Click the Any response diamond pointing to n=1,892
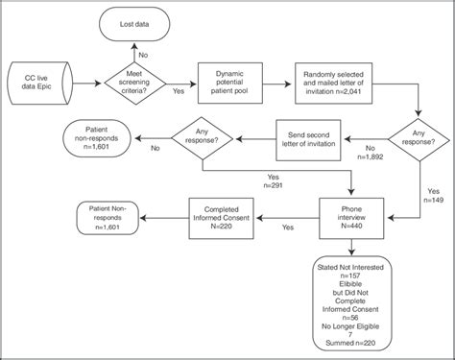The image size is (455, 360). click(415, 135)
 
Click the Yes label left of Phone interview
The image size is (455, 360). click(287, 228)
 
